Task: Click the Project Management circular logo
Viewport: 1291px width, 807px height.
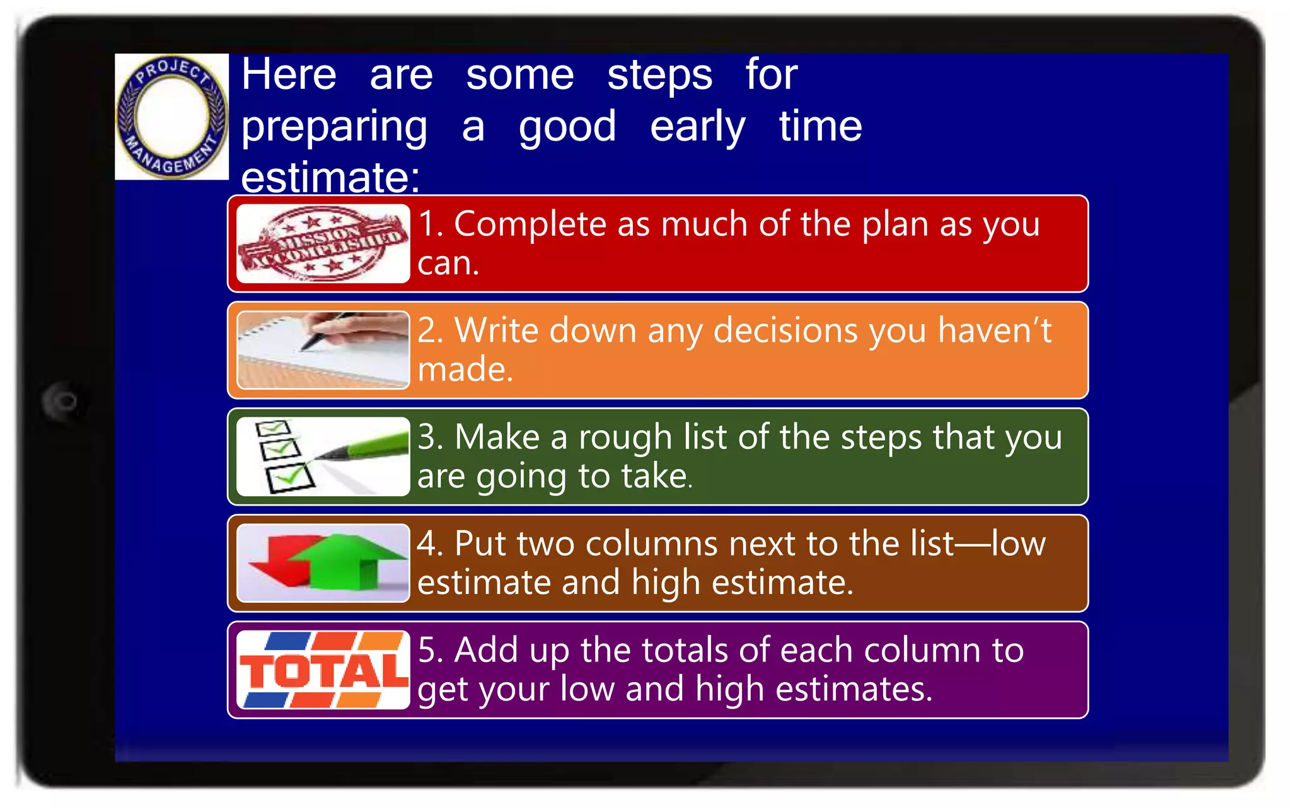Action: (171, 117)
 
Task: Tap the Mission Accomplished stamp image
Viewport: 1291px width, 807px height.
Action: (323, 243)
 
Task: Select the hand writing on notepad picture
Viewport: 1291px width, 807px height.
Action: (323, 350)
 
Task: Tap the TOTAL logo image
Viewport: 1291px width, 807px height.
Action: (323, 670)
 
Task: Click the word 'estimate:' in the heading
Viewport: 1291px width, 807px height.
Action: (330, 177)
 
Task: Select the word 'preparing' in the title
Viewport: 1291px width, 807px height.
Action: (334, 127)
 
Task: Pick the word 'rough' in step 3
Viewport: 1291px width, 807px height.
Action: (625, 437)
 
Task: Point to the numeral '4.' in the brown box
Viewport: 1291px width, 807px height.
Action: (430, 543)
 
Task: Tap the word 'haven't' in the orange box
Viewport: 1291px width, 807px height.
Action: (994, 330)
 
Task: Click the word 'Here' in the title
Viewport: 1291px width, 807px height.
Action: (289, 75)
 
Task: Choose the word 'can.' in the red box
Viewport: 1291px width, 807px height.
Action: (448, 263)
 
